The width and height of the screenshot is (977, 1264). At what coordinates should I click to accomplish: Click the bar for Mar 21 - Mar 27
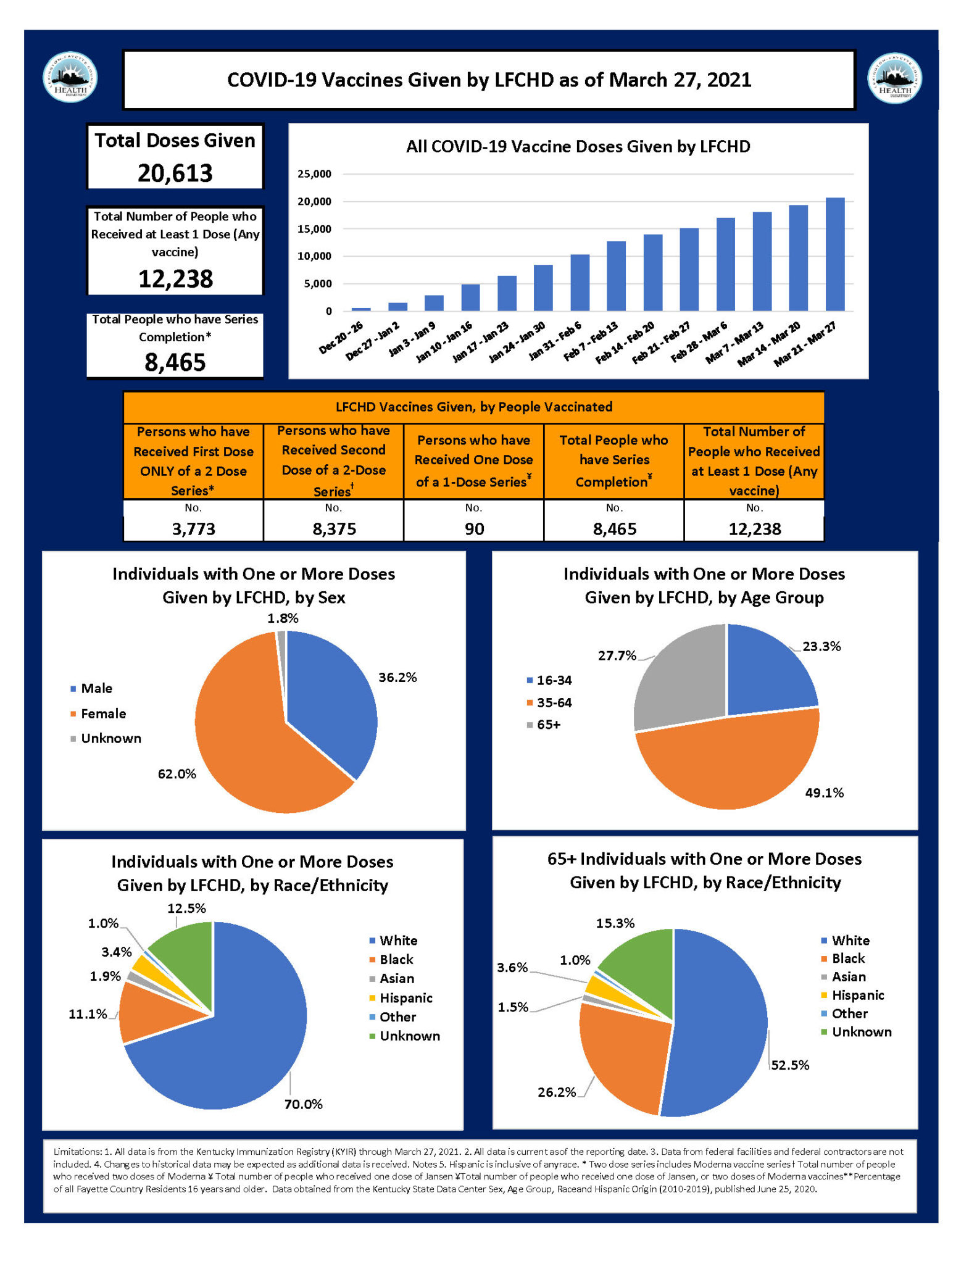834,254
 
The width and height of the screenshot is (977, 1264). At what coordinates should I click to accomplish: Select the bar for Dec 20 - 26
361,309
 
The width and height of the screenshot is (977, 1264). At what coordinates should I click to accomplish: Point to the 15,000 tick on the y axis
315,229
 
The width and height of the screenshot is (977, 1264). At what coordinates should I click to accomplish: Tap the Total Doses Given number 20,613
175,173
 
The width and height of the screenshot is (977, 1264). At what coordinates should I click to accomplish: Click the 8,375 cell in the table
334,529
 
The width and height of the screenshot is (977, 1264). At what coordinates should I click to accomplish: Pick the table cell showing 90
474,529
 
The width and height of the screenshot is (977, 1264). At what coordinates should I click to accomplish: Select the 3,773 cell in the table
194,529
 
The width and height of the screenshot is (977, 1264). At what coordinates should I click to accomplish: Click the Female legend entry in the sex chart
103,713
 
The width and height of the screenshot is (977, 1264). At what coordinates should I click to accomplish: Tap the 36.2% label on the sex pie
397,678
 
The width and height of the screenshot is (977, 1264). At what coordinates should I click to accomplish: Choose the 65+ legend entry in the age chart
548,725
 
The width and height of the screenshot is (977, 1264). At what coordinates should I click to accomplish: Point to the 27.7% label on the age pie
617,655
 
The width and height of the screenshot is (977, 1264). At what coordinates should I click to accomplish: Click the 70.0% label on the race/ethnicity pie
303,1104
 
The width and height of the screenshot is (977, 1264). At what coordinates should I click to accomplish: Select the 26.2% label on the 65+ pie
556,1092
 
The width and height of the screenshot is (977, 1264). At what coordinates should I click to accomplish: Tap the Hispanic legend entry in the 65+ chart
857,995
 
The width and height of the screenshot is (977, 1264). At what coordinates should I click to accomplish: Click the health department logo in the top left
70,77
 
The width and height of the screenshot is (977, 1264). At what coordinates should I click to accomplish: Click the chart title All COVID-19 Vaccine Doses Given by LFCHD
578,147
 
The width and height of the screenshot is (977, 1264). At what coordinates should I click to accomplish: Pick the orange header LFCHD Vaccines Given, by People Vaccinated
473,407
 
